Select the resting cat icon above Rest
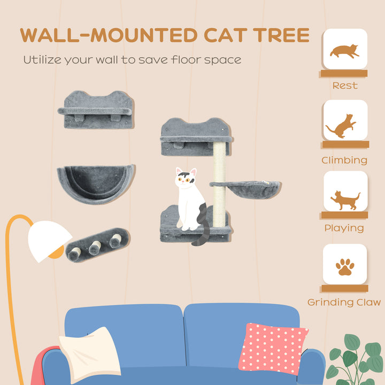(x=344, y=50)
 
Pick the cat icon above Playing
(x=345, y=198)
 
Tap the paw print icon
(x=344, y=266)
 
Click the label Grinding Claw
(x=344, y=302)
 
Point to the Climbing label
(x=344, y=160)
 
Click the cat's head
(x=186, y=181)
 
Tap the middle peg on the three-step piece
(x=95, y=247)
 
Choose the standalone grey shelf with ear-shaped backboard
(x=96, y=111)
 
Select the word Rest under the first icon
(x=344, y=86)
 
